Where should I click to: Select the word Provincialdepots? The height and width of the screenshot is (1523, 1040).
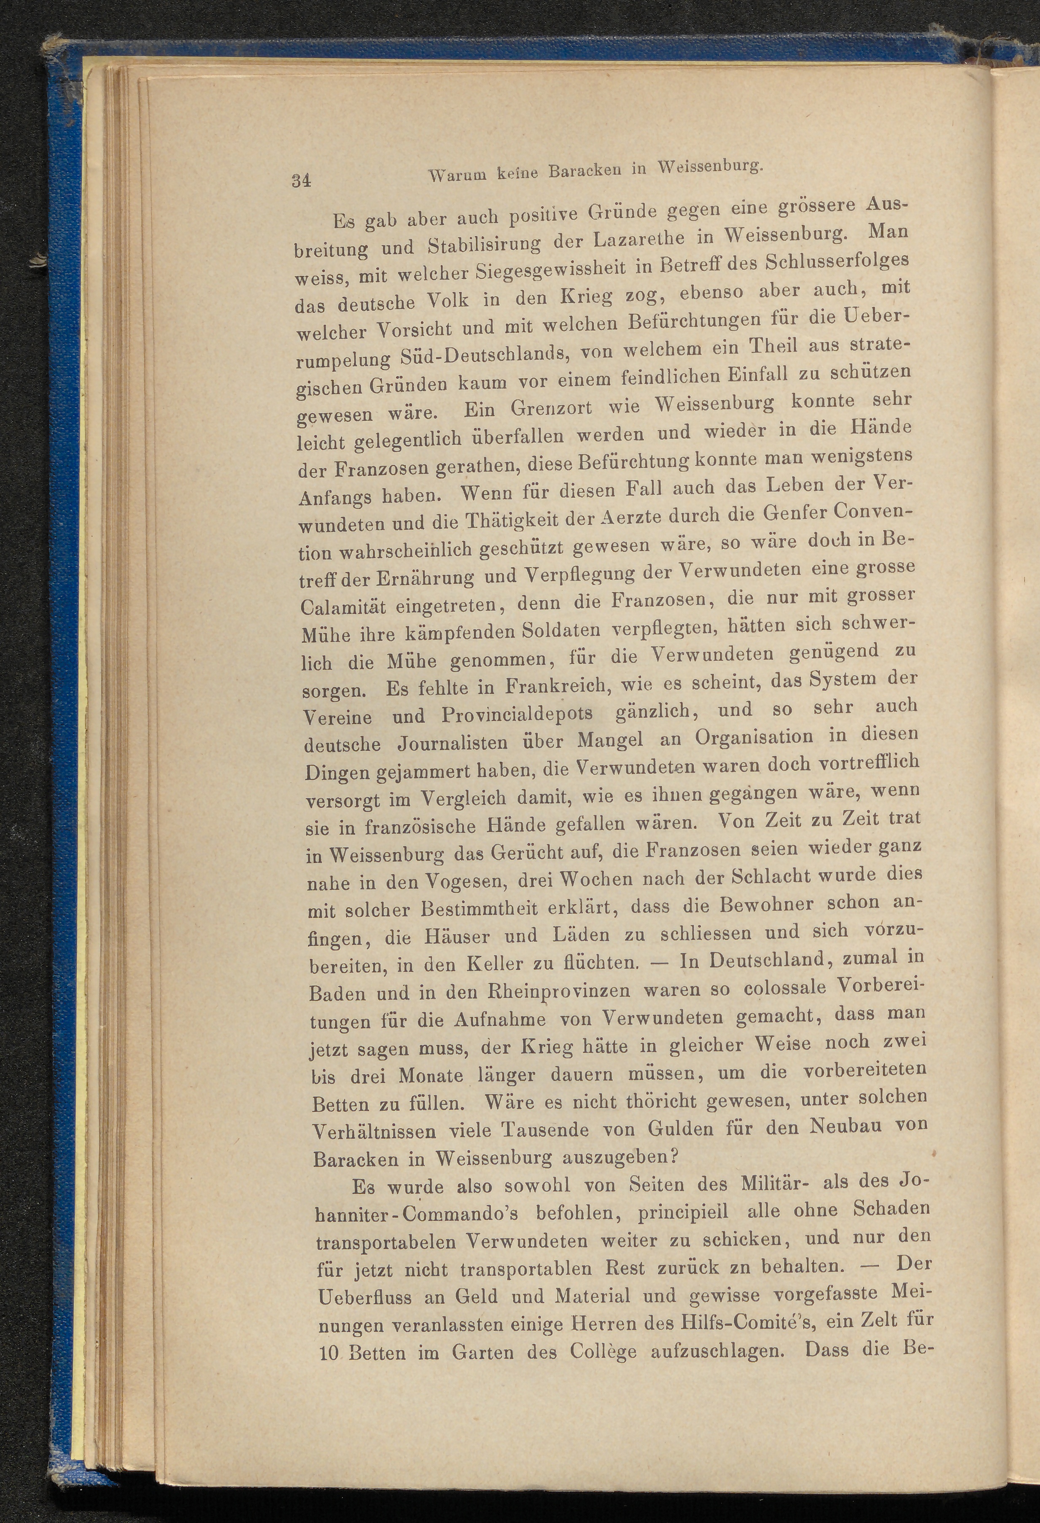[518, 714]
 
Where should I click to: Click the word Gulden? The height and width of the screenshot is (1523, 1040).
[679, 1129]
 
